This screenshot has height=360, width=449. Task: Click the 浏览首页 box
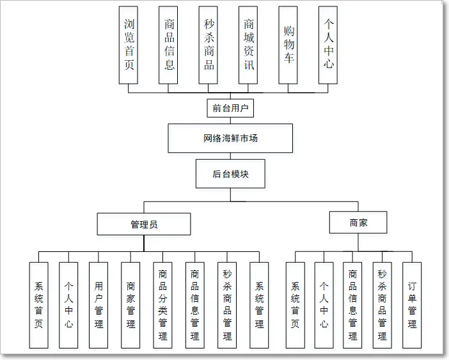point(129,45)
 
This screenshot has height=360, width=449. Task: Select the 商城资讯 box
point(249,45)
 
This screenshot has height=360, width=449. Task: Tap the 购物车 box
point(288,45)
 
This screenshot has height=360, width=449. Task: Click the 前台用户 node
point(231,108)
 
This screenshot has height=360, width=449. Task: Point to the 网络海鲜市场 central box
point(230,138)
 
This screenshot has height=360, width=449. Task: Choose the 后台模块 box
point(230,173)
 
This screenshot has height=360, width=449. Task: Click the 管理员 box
point(144,224)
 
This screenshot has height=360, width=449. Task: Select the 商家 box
point(358,223)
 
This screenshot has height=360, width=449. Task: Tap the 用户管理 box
point(98,305)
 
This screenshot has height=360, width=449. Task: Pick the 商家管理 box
point(130,305)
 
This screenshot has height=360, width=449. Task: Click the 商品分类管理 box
point(163,305)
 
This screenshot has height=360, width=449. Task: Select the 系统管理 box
point(259,305)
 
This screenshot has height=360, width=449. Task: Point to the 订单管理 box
point(412,305)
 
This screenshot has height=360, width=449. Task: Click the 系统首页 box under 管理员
point(38,305)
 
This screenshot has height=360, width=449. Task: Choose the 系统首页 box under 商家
point(295,305)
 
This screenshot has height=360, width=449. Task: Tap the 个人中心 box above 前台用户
point(328,45)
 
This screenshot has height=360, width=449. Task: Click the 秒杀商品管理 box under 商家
point(382,305)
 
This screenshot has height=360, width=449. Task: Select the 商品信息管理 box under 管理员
point(195,305)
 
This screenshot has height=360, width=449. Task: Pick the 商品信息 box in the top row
point(169,45)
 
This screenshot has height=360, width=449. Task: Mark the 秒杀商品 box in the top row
point(209,45)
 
